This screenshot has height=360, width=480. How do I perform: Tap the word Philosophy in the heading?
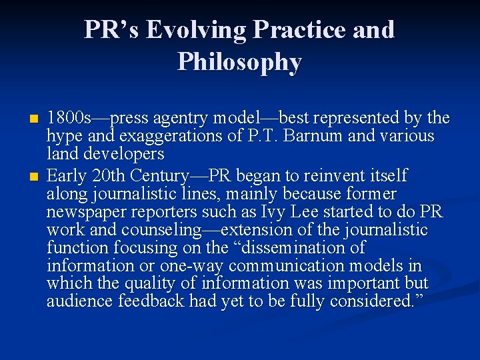point(239,62)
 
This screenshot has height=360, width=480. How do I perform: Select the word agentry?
point(181,119)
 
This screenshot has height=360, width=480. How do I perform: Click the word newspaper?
point(85,212)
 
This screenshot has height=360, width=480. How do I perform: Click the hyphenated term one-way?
point(191,266)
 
